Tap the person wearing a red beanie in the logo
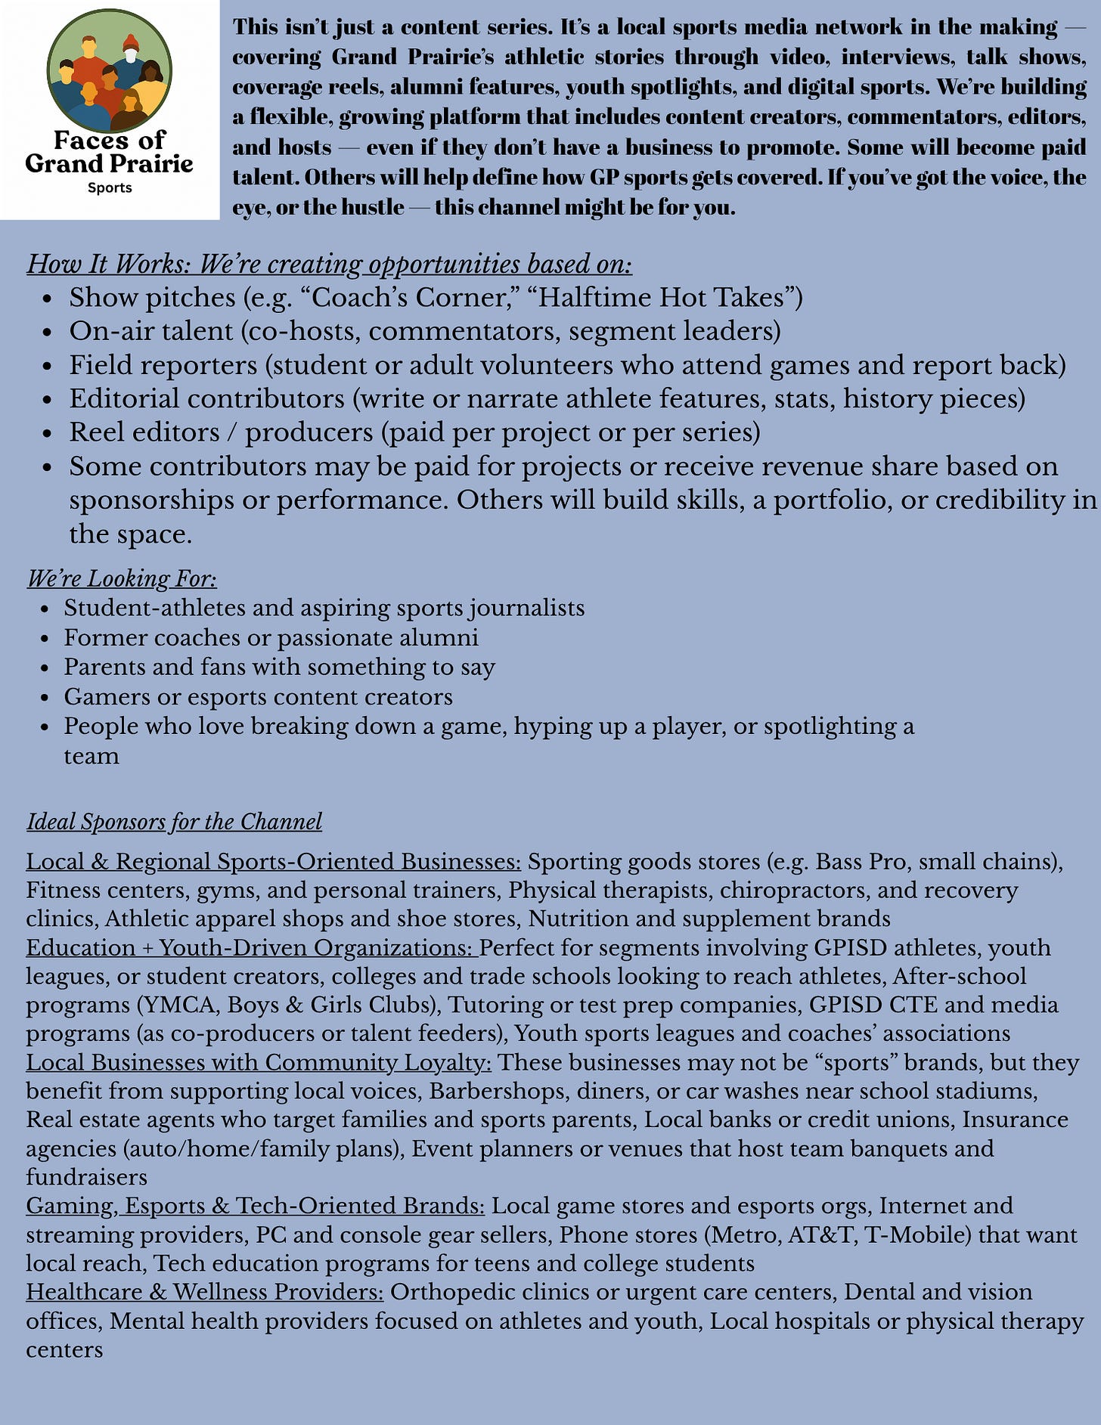point(132,51)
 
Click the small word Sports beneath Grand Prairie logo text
point(110,187)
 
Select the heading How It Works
point(329,264)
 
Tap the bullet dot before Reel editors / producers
point(48,434)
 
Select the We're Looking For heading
point(122,578)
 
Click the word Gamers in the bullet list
point(107,696)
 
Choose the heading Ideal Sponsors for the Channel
point(174,822)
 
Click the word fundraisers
point(86,1177)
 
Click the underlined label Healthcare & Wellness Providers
point(205,1292)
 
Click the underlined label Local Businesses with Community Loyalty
point(259,1062)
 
